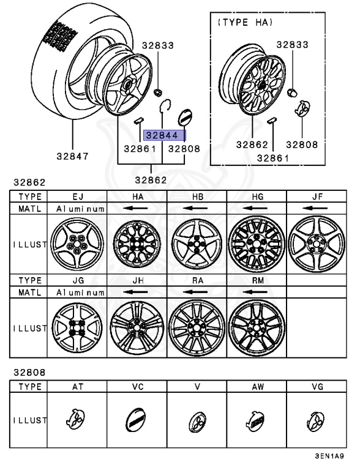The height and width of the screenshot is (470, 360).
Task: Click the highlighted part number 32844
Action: tap(164, 136)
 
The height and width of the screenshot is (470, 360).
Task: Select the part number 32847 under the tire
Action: tap(72, 155)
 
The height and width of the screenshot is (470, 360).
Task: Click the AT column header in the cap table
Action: tap(77, 387)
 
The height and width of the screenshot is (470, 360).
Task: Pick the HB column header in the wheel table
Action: tap(197, 196)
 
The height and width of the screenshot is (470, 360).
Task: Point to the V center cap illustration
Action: tap(197, 423)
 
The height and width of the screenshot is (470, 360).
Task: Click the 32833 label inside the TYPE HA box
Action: tap(292, 44)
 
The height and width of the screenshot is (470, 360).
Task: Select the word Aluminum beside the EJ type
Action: tap(80, 209)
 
